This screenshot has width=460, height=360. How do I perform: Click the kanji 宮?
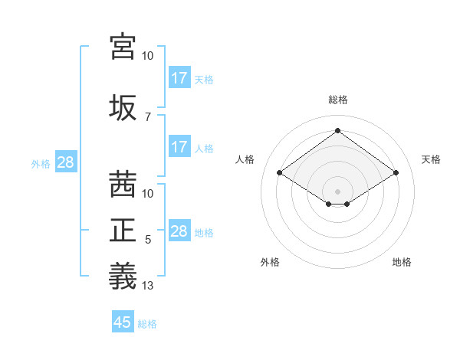pos(123,47)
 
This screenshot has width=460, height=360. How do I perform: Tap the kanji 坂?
pos(123,108)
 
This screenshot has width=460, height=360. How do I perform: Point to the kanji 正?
pos(123,231)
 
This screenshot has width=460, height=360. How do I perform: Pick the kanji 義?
pos(123,276)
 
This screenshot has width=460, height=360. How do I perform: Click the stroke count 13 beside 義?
pos(148,286)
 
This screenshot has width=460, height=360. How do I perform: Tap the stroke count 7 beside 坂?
pos(148,117)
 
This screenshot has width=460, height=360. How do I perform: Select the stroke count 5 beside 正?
pos(148,240)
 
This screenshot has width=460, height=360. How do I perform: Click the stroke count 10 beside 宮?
pos(148,56)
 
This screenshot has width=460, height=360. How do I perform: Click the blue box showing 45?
pos(123,322)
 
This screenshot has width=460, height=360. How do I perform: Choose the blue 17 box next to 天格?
pos(179,78)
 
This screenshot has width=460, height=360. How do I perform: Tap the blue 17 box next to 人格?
pos(179,147)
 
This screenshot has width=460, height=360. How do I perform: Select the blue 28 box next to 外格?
pos(65,162)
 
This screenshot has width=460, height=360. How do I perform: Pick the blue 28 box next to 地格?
pos(179,231)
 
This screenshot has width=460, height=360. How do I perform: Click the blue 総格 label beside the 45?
pos(148,324)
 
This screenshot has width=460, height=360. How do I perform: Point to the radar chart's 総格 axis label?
pos(338,100)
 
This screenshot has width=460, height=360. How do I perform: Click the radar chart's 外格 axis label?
pos(270,262)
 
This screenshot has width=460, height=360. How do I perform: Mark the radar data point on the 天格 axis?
pos(396,173)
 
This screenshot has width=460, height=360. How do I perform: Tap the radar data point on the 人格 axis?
pos(280,173)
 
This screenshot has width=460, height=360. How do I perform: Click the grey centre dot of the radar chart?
pos(338,190)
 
